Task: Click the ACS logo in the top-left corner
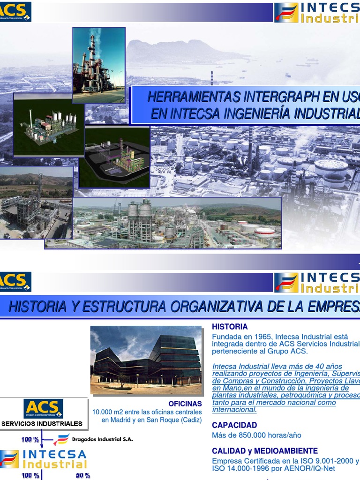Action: click(x=15, y=11)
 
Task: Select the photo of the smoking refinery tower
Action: click(x=98, y=65)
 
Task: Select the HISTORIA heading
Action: click(x=230, y=327)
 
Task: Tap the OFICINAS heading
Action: click(x=185, y=404)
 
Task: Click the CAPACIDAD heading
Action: click(x=234, y=425)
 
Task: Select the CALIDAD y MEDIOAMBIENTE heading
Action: click(x=265, y=451)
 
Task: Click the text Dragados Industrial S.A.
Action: click(x=102, y=439)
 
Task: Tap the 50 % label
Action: click(x=83, y=475)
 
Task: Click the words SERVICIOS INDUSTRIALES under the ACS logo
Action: click(x=42, y=424)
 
